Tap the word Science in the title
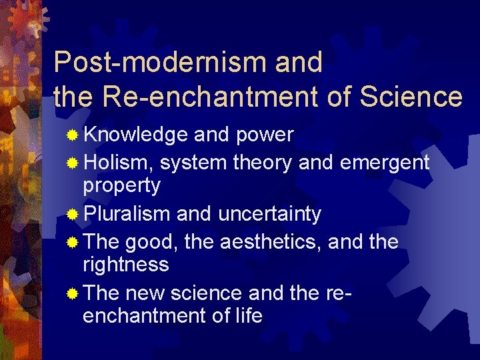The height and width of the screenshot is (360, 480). click(411, 97)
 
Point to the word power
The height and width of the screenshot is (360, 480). click(265, 135)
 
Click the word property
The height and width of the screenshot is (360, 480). click(121, 186)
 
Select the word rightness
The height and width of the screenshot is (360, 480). click(125, 265)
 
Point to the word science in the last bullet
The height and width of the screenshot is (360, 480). click(209, 293)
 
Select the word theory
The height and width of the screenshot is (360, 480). click(262, 161)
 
